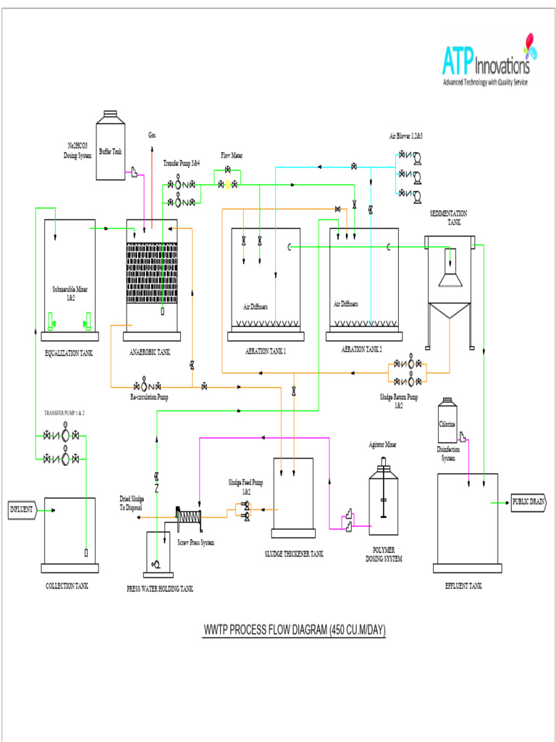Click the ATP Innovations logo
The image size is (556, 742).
(x=486, y=62)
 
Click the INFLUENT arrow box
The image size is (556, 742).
(x=21, y=510)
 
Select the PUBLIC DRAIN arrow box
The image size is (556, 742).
(x=528, y=501)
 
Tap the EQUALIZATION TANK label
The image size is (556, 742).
(x=69, y=353)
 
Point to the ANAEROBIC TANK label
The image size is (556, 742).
(x=150, y=352)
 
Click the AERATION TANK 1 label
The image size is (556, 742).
(x=266, y=351)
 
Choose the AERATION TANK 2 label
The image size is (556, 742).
(x=362, y=349)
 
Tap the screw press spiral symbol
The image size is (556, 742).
(x=190, y=516)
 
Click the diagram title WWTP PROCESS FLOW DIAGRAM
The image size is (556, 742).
(x=294, y=630)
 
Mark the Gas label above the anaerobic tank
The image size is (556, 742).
(x=152, y=135)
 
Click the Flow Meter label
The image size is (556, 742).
(x=230, y=155)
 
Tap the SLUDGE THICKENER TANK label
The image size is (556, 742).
(x=293, y=554)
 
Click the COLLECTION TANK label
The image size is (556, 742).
(x=67, y=585)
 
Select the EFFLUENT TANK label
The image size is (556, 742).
(x=463, y=585)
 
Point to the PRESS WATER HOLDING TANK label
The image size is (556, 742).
(x=160, y=589)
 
